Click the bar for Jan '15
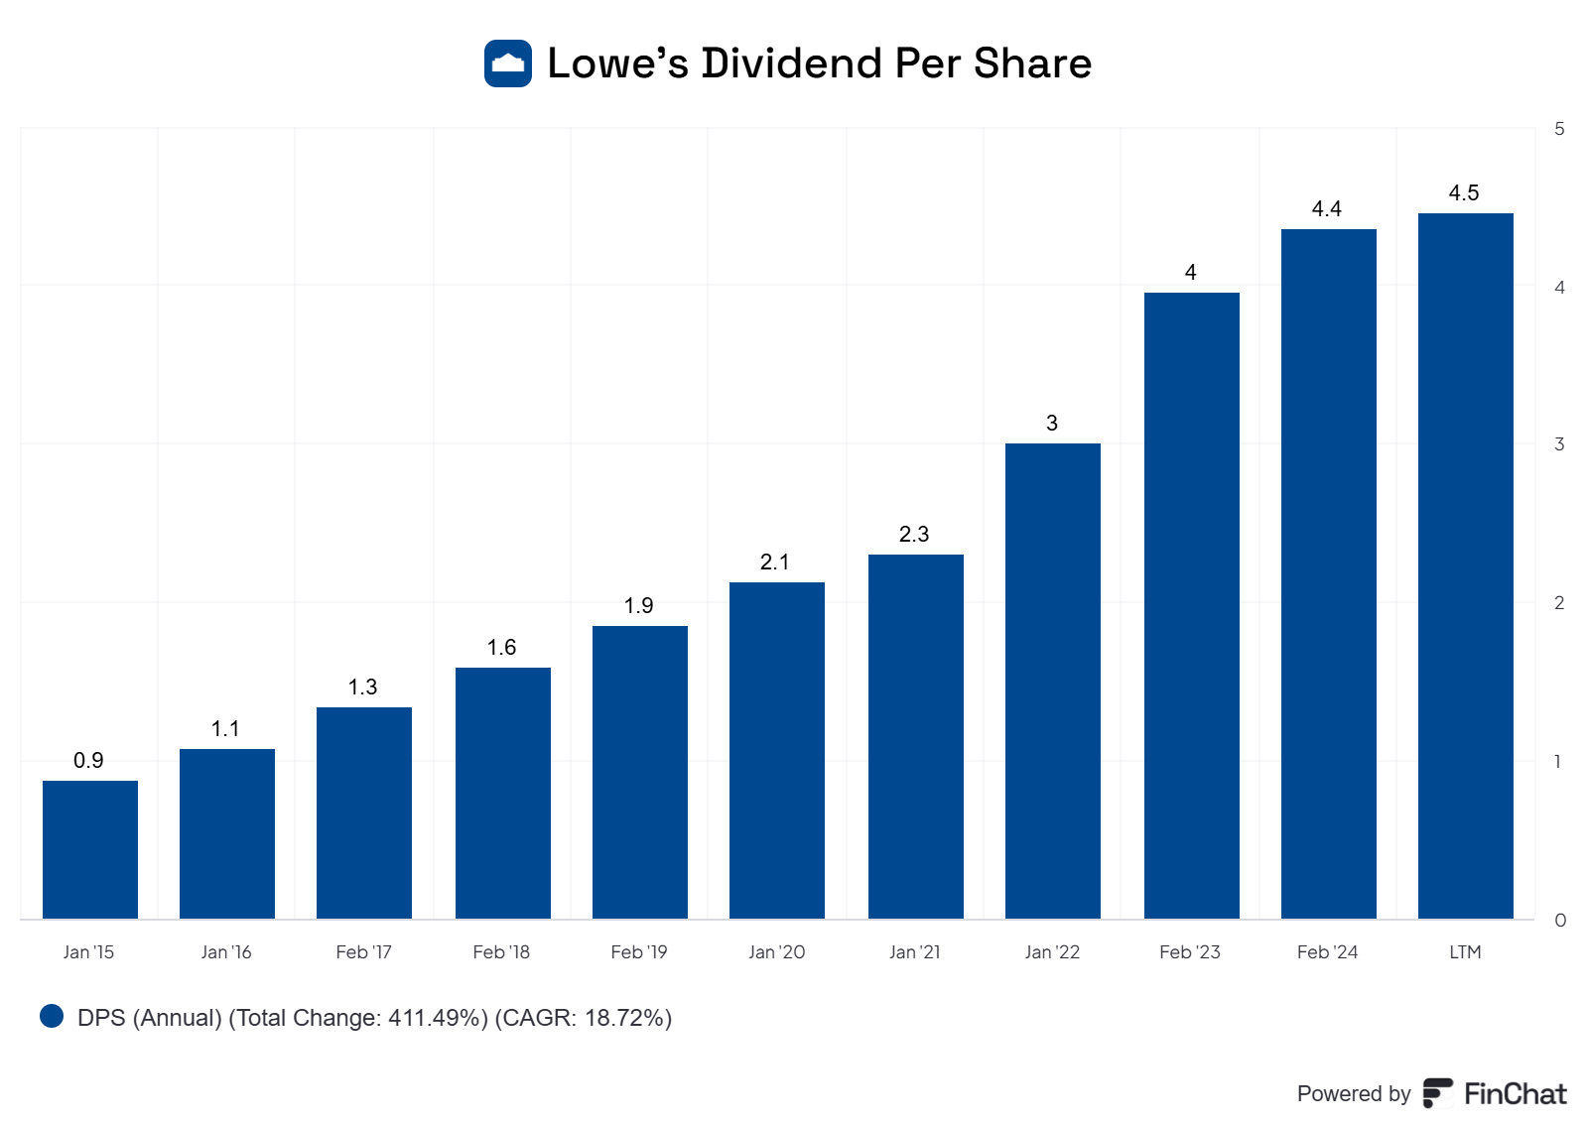90,849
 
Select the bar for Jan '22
1053,681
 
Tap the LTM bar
1465,565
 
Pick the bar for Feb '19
640,772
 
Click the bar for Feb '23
1191,605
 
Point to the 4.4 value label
1326,208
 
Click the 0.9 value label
88,760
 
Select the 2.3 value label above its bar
914,534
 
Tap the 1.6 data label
501,647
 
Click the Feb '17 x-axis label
363,952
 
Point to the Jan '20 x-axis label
776,952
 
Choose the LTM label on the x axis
1465,952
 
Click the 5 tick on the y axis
1559,129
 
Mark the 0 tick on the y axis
1559,921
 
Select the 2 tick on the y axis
1559,603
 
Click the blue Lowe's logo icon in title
508,63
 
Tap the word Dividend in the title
791,63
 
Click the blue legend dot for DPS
52,1016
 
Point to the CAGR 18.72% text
584,1018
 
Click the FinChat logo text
1515,1093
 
